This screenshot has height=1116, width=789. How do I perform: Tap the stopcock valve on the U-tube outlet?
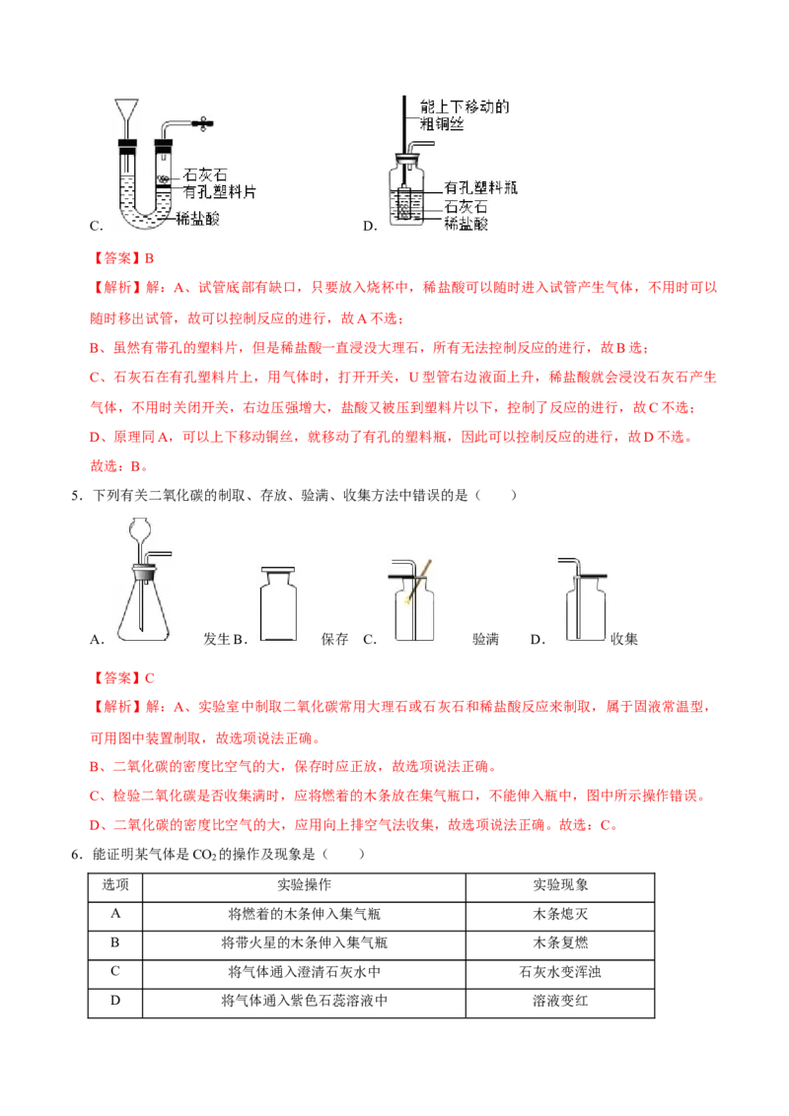point(203,124)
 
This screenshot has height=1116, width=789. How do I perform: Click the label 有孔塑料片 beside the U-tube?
point(219,192)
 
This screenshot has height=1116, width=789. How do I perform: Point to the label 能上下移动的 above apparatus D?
point(465,106)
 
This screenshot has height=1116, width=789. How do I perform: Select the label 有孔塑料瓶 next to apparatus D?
point(480,188)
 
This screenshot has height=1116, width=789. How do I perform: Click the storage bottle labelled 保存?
point(278,604)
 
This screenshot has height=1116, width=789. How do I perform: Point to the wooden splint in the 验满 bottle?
point(416,583)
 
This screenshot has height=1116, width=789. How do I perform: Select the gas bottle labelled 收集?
point(586,608)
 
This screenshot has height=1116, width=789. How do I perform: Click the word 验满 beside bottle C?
point(485,639)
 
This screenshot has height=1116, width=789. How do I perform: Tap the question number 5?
point(77,495)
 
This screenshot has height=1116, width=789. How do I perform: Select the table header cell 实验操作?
point(304,884)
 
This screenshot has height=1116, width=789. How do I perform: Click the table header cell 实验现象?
point(560,884)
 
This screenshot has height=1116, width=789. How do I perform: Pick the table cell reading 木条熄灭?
point(560,914)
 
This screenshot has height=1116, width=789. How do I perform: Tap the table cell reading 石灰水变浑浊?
point(560,971)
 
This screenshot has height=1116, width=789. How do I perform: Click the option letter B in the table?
point(115,942)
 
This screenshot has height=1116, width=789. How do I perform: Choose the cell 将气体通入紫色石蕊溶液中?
point(304,1001)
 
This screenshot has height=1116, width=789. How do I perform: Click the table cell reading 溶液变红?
point(560,1001)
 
